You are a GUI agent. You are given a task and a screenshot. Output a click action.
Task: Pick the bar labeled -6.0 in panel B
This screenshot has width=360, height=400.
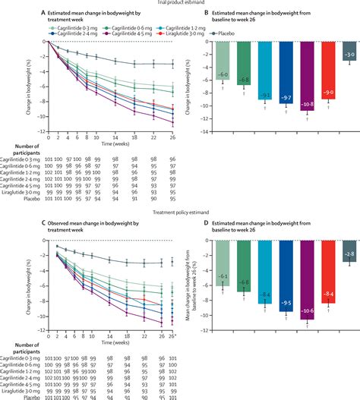[x=222, y=61]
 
